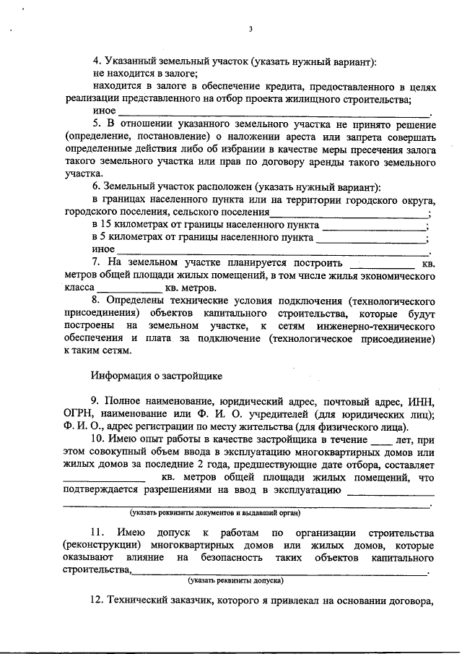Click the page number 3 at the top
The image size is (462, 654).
[x=250, y=30]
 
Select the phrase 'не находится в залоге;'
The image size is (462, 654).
[x=145, y=73]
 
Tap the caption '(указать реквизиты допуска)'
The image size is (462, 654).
[x=235, y=580]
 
